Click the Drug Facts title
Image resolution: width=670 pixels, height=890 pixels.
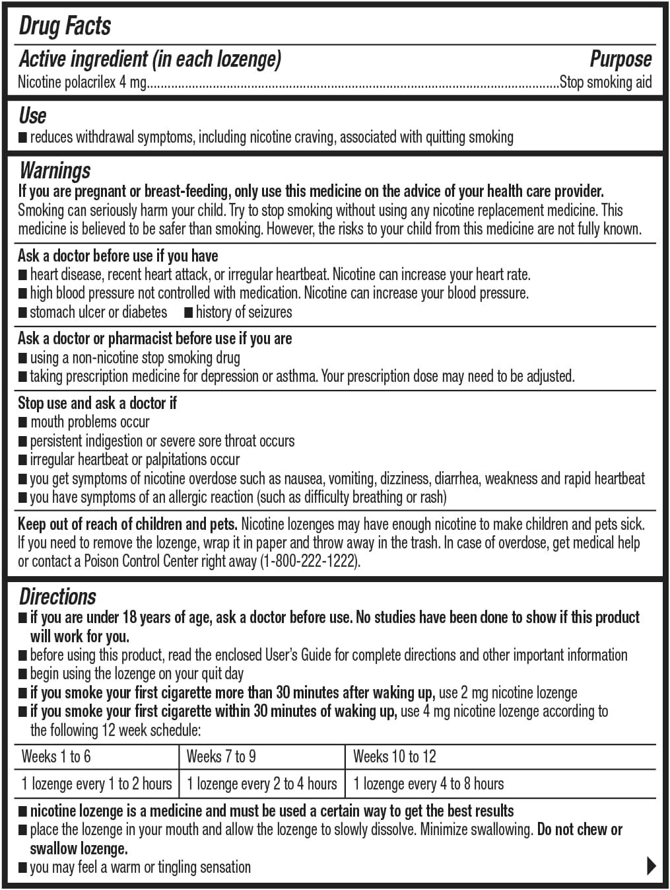[x=65, y=26]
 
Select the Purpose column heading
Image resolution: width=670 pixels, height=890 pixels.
[x=620, y=59]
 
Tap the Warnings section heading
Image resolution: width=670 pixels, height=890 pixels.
[x=55, y=170]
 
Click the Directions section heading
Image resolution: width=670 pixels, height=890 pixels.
[x=57, y=597]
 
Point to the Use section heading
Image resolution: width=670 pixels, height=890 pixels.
[x=32, y=116]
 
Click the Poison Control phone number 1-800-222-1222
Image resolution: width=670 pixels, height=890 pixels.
[x=308, y=562]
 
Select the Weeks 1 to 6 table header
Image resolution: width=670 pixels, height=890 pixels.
[x=56, y=757]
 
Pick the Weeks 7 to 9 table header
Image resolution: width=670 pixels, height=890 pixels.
[x=221, y=757]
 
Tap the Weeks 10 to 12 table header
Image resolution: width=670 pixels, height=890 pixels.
[x=395, y=757]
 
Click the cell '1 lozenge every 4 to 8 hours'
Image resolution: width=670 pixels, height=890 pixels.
[x=428, y=784]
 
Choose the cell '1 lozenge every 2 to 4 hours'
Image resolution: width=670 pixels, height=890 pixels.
[x=262, y=784]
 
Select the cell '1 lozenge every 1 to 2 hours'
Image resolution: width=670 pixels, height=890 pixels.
[x=96, y=784]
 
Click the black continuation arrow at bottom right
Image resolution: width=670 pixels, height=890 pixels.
[x=651, y=866]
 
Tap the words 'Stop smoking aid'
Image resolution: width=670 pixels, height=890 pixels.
[x=605, y=83]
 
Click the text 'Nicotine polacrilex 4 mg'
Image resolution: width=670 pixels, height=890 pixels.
[x=82, y=83]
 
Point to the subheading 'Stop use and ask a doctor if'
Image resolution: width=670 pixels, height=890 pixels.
[x=97, y=403]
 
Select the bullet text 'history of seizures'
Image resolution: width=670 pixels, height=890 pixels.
[x=244, y=312]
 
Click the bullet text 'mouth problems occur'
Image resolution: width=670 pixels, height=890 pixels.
[x=90, y=422]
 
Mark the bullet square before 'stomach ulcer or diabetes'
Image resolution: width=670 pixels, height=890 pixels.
[x=23, y=313]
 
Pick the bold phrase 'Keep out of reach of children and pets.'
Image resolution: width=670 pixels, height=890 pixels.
[x=127, y=525]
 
